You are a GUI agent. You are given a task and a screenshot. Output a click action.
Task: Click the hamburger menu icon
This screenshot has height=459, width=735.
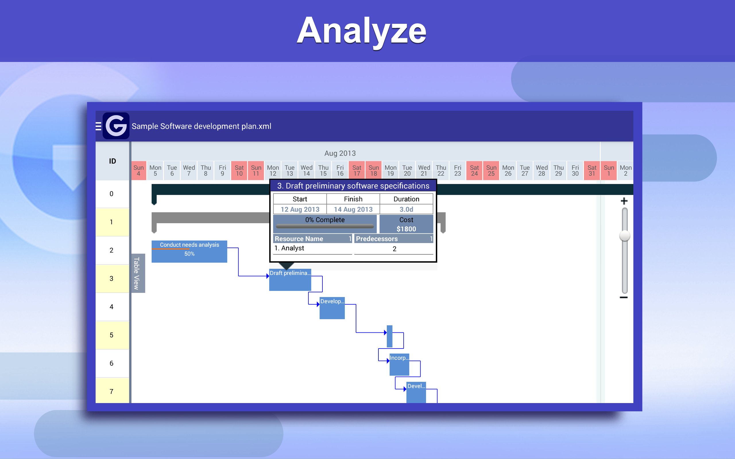click(98, 126)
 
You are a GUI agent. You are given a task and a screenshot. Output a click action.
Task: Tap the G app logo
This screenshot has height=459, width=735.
click(116, 126)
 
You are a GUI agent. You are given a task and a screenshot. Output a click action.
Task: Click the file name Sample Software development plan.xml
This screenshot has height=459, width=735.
click(201, 126)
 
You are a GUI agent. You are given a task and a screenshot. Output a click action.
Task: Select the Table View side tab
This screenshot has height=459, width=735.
click(137, 273)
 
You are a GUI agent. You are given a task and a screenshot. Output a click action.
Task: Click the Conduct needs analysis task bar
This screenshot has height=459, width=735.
click(189, 251)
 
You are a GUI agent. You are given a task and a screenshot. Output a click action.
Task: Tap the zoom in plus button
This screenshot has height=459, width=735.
click(624, 201)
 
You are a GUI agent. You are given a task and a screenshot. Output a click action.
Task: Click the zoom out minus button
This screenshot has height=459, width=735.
click(624, 297)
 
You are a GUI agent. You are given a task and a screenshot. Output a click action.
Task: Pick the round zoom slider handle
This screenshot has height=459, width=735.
click(624, 236)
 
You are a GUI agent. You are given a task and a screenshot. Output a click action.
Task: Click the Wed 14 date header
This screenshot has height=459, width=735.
click(306, 171)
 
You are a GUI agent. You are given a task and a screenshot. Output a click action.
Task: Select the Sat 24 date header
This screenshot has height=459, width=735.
click(474, 171)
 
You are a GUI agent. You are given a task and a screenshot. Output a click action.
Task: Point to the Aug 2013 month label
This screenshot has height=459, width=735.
click(340, 153)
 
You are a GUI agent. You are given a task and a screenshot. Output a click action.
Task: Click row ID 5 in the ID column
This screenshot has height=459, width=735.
click(111, 335)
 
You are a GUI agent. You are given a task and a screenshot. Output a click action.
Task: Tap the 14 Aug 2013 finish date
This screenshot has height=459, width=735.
click(353, 209)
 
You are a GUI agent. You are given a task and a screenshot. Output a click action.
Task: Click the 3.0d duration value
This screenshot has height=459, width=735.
click(406, 209)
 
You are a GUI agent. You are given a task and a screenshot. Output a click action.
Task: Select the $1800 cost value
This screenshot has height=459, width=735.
click(406, 229)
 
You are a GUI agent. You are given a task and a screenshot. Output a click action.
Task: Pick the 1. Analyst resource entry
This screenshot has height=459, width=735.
click(289, 248)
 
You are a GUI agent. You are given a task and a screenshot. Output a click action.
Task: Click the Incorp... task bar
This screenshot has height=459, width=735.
click(399, 364)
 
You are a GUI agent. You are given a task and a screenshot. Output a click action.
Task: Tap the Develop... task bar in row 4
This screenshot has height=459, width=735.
click(332, 308)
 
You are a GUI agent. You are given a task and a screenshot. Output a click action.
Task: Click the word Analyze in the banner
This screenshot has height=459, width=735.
click(361, 31)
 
